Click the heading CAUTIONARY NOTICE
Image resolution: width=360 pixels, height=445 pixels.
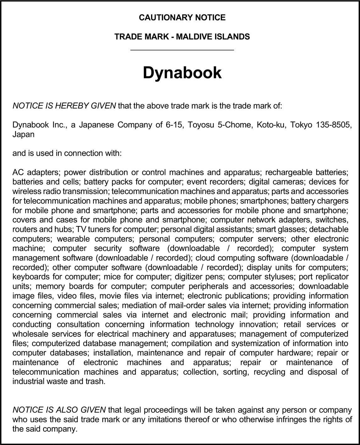[x=182, y=18]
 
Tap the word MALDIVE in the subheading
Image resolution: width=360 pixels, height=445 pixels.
[x=194, y=37]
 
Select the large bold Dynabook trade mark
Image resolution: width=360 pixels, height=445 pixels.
[x=182, y=72]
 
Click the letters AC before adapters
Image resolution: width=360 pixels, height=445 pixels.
[x=18, y=172]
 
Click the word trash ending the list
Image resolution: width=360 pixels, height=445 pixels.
[x=96, y=382]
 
